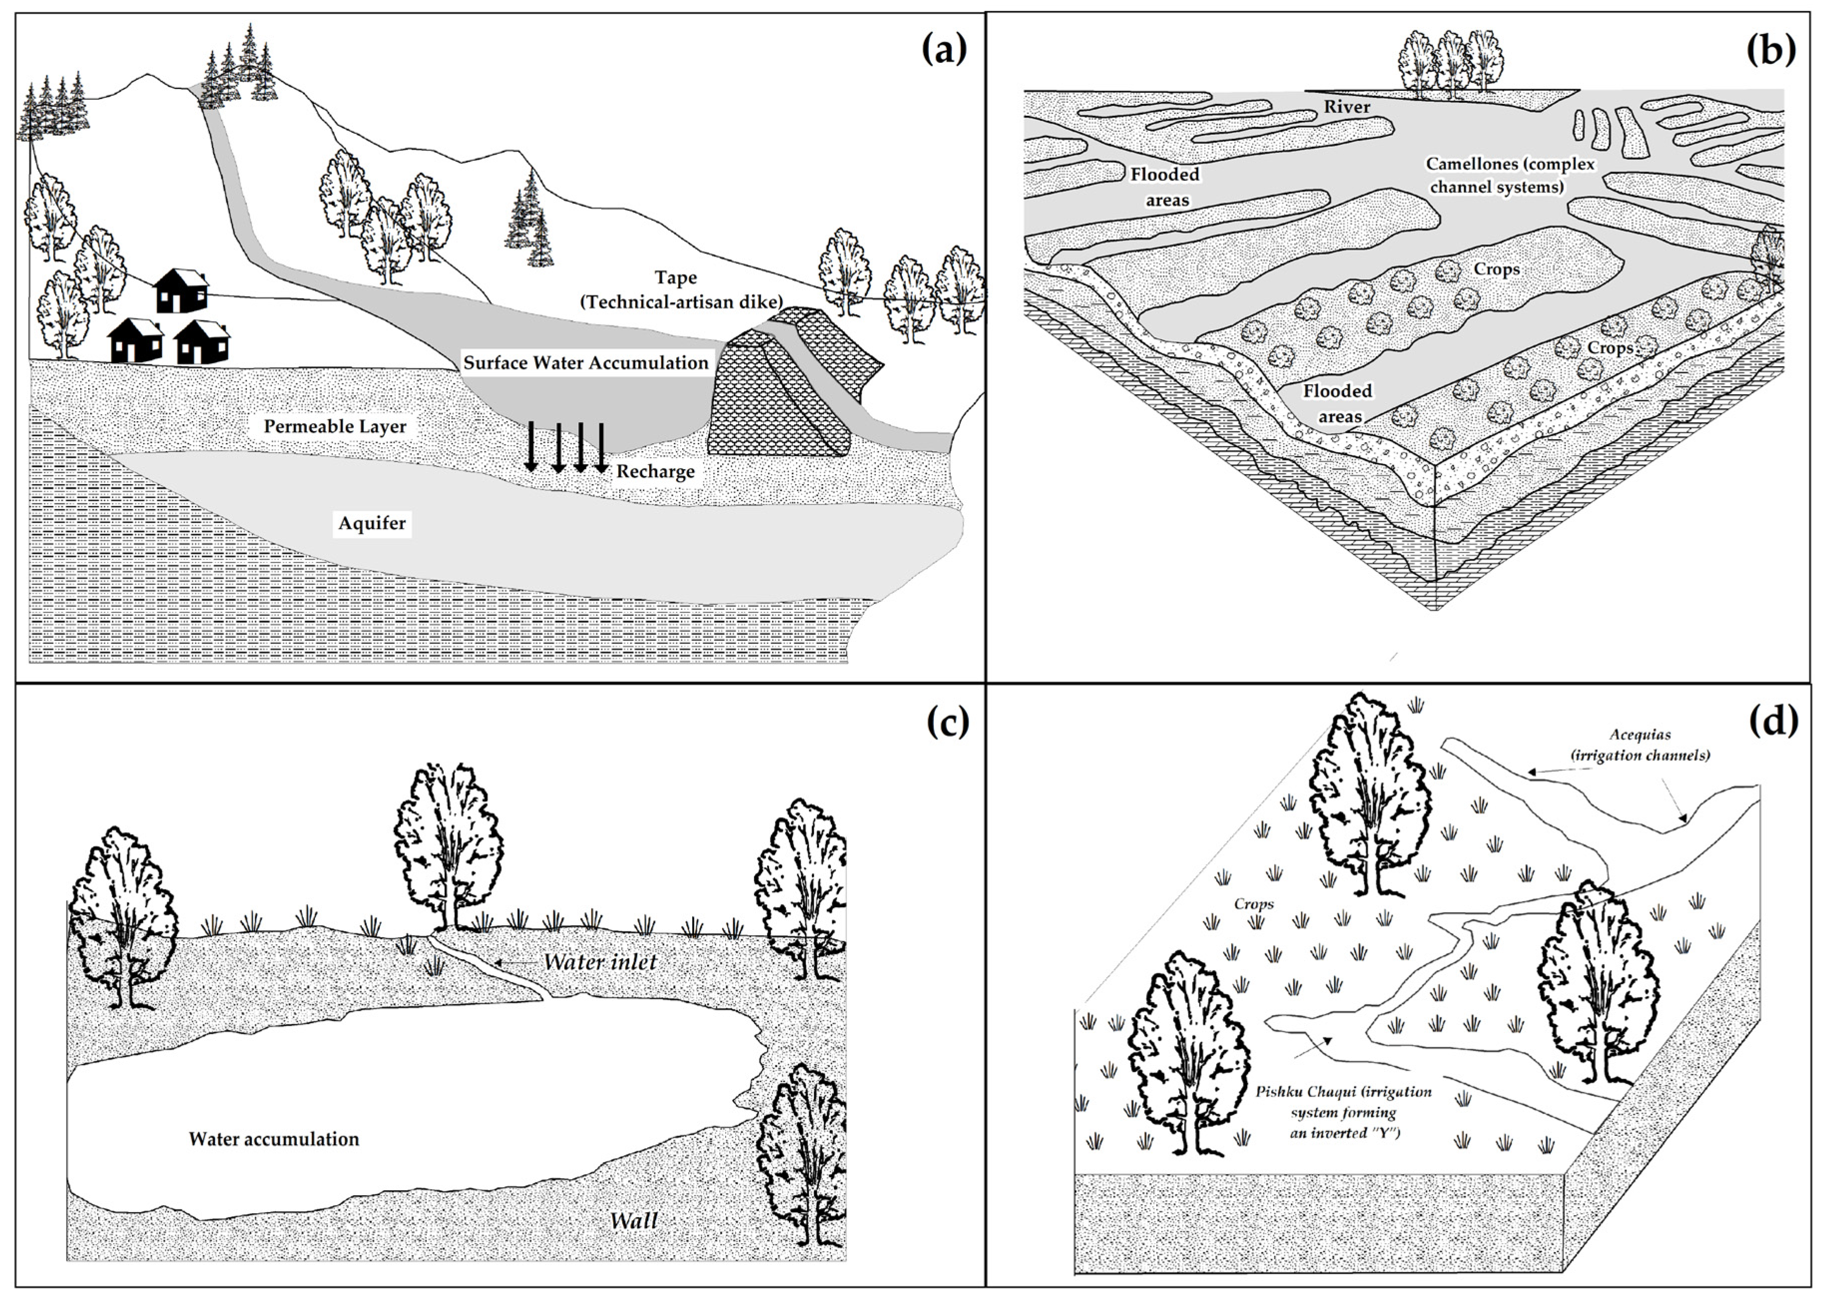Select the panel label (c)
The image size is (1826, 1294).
click(947, 722)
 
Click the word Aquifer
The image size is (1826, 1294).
click(372, 523)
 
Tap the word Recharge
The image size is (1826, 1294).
click(655, 472)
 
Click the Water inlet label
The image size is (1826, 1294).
click(600, 962)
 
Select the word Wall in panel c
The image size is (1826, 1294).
click(633, 1220)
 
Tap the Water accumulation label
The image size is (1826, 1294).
click(273, 1139)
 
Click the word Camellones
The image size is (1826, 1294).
click(1468, 164)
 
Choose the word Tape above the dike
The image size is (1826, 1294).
click(676, 277)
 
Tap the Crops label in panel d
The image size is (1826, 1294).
click(1253, 904)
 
